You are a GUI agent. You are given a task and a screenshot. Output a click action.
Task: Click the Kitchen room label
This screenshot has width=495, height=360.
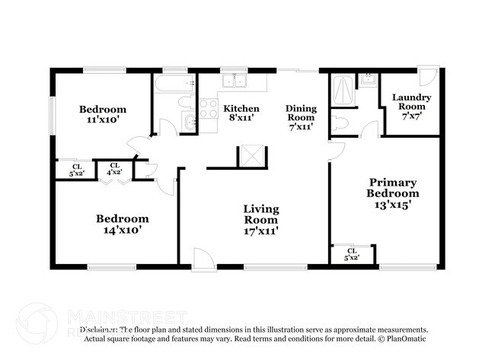point(241,113)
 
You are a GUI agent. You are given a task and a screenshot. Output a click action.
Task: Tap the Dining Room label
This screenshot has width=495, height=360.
point(300,118)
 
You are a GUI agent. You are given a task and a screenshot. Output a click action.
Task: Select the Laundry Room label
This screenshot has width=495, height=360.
point(411,102)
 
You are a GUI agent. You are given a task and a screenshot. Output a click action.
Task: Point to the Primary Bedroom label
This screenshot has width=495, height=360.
point(393,193)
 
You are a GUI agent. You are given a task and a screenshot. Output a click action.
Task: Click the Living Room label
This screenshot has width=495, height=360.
point(260,219)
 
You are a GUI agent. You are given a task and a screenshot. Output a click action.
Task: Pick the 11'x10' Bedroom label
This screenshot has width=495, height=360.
point(103,114)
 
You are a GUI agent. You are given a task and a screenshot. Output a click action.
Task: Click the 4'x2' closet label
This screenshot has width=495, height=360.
point(115,170)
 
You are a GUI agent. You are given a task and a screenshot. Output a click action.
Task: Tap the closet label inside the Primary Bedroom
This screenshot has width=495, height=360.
point(351,254)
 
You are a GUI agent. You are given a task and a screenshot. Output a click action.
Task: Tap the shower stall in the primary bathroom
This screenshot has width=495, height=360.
point(343,92)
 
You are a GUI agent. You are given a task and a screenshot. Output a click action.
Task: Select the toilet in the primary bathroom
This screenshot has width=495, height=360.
point(340,122)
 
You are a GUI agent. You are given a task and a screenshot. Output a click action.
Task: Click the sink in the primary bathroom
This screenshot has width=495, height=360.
point(367,79)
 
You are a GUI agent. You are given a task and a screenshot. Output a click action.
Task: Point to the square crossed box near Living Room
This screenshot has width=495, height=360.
point(250,155)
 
